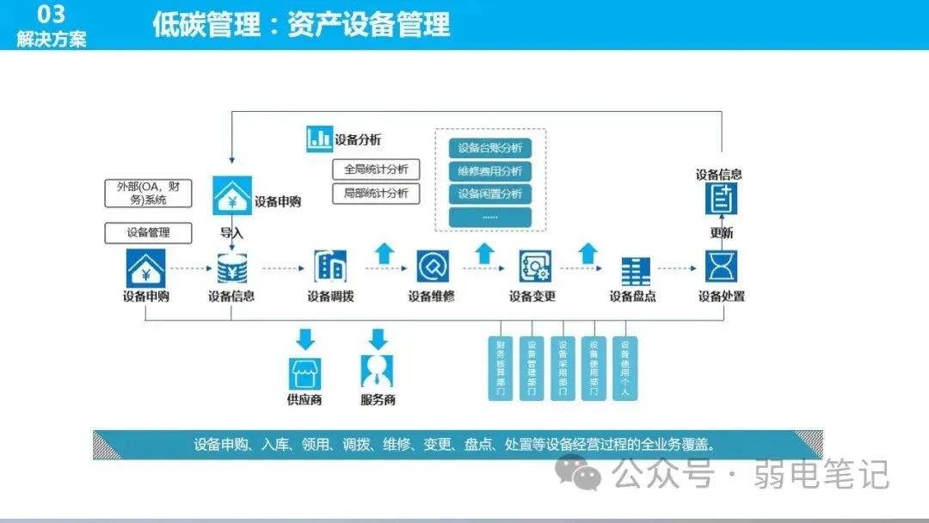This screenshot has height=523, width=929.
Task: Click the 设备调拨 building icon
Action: click(x=330, y=267)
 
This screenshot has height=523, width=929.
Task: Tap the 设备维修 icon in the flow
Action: click(x=432, y=267)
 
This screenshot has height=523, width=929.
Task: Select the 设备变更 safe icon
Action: click(x=533, y=267)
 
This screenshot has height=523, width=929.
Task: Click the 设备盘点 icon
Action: click(x=635, y=270)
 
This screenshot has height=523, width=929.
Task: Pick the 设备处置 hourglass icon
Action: click(x=721, y=267)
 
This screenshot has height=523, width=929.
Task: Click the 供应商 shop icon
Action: click(x=304, y=372)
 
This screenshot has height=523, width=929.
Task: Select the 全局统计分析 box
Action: click(x=376, y=169)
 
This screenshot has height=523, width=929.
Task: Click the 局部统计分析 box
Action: click(x=376, y=193)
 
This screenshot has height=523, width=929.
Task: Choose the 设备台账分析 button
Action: click(x=490, y=147)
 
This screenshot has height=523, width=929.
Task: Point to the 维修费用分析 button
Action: click(x=490, y=170)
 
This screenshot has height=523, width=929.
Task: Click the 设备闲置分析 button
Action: click(x=490, y=194)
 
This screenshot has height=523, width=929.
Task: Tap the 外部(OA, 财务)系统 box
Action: click(x=148, y=194)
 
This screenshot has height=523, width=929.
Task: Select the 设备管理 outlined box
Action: click(x=148, y=232)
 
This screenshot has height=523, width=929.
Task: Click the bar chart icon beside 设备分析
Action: click(x=319, y=138)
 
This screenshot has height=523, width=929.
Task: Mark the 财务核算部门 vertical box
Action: click(x=501, y=368)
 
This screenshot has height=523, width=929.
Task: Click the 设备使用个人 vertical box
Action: click(x=624, y=368)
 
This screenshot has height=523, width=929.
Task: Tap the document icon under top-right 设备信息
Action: click(x=721, y=200)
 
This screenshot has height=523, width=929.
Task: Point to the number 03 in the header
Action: click(x=52, y=15)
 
